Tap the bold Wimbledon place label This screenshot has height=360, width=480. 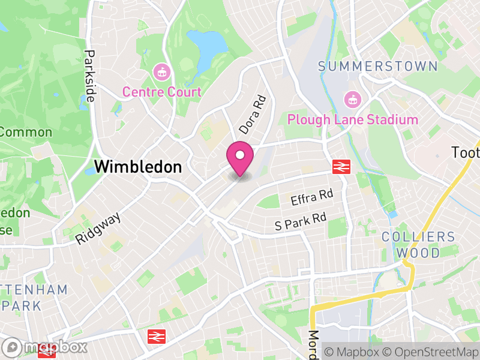click(x=138, y=167)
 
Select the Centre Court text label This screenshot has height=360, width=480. click(x=162, y=92)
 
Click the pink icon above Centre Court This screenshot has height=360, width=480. click(x=161, y=73)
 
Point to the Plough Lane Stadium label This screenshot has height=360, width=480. click(x=353, y=119)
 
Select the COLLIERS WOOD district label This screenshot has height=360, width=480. click(x=419, y=245)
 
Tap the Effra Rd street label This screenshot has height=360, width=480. click(x=311, y=196)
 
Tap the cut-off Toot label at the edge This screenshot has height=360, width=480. click(x=465, y=154)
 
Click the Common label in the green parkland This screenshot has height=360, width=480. click(x=17, y=131)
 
